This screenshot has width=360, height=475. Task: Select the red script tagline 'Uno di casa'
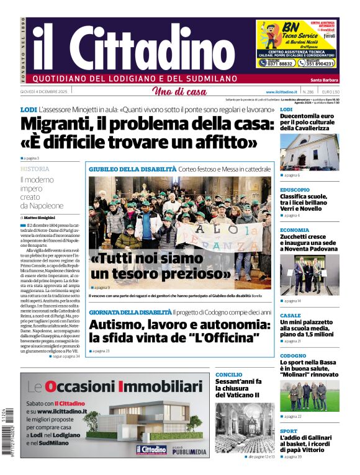[x=179, y=92]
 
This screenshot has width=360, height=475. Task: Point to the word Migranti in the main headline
[x=60, y=123]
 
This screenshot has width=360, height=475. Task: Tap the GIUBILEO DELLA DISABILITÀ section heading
[x=132, y=169]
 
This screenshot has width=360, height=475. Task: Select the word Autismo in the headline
[x=121, y=324]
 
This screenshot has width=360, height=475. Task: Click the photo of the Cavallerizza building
[x=309, y=151]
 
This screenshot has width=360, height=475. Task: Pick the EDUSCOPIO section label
[x=295, y=190]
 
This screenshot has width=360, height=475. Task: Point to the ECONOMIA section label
[x=294, y=230]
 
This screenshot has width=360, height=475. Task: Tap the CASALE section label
[x=290, y=315]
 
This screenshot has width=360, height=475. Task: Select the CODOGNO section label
[x=293, y=356]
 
